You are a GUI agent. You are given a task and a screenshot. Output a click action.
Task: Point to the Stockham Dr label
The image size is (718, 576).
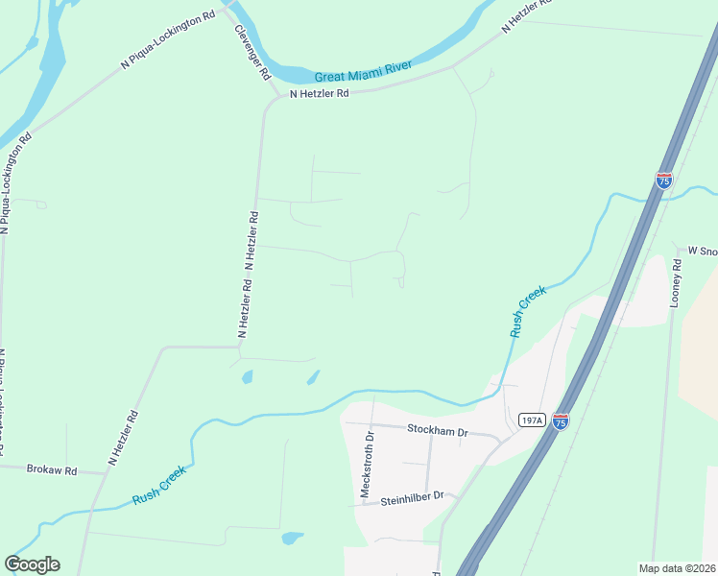(437, 431)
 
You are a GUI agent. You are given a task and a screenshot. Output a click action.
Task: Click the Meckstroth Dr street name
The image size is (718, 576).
(366, 464)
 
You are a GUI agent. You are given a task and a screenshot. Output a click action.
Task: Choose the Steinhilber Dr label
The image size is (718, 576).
(413, 498)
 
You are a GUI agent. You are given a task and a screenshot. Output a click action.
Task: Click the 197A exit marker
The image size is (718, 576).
(531, 420)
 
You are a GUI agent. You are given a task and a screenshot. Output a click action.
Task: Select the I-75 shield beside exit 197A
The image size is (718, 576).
(561, 420)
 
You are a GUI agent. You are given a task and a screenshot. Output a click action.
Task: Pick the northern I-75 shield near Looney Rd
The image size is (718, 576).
(663, 180)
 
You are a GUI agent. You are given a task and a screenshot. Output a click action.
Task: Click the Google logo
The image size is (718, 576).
(32, 564)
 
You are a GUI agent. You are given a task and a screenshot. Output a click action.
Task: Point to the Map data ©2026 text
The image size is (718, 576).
(677, 568)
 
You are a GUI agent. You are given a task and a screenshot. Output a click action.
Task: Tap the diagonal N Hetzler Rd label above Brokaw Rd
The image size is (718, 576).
(124, 438)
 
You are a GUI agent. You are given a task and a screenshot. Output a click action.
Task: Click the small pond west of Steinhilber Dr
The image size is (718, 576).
(292, 539)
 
